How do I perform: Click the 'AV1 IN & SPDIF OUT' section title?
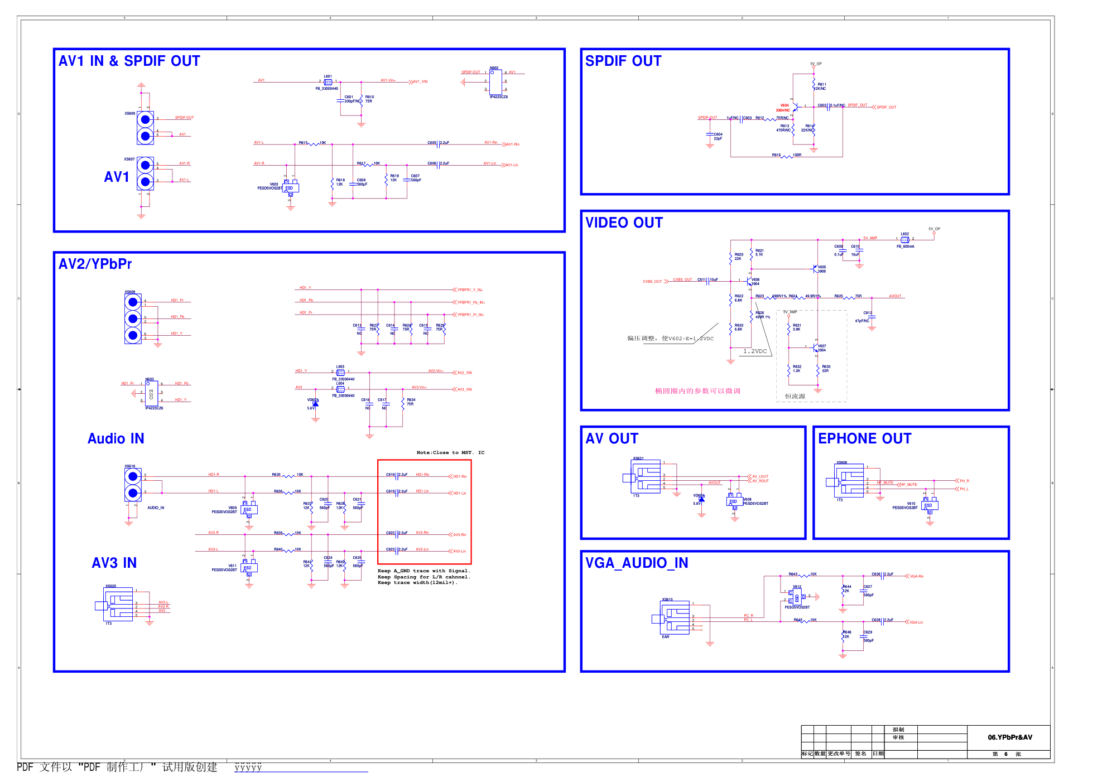tap(129, 61)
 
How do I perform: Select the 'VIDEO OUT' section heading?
tap(624, 223)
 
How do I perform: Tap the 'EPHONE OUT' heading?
tap(864, 439)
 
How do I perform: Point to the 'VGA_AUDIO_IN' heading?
tap(637, 563)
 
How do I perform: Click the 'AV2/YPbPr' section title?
tap(95, 264)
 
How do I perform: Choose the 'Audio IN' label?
tap(116, 439)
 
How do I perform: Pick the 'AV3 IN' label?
tap(114, 563)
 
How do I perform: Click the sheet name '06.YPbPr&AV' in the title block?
tap(1010, 737)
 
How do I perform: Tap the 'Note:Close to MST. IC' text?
tap(450, 453)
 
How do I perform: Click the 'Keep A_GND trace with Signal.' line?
tap(424, 571)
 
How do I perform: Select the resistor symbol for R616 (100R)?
tap(787, 157)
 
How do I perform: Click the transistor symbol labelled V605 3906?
tap(816, 268)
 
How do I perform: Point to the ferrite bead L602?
tap(904, 240)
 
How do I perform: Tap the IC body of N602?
tap(495, 83)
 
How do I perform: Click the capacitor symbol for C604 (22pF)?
tap(710, 135)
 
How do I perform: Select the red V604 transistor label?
tap(784, 105)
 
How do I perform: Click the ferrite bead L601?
tap(328, 83)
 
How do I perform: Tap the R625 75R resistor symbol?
tap(850, 297)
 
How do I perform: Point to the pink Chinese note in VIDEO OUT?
tap(697, 391)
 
